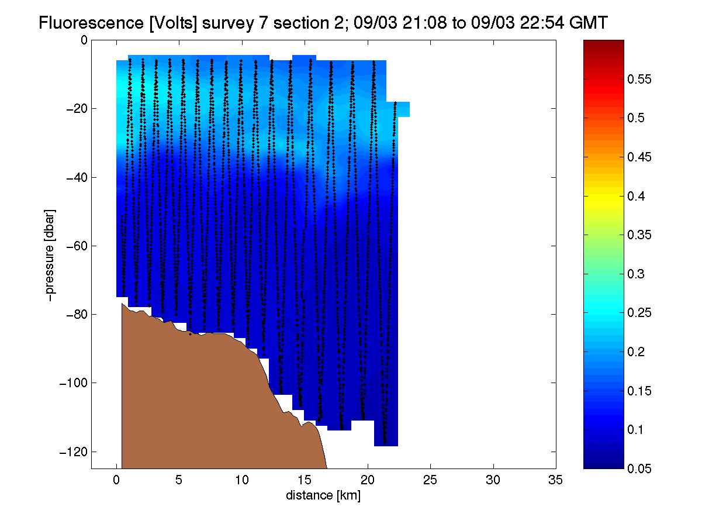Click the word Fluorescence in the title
tap(91, 23)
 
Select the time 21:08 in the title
tap(424, 23)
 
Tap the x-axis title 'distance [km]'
tap(323, 495)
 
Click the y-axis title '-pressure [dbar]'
tap(50, 255)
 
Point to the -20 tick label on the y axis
tap(77, 109)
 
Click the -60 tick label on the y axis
tap(77, 246)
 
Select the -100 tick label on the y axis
tap(73, 383)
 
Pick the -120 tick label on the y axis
tap(73, 452)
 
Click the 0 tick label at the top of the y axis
tap(84, 40)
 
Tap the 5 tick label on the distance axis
tap(179, 480)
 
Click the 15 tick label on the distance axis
tap(305, 480)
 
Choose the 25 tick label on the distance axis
tap(430, 480)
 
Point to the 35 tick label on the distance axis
tap(555, 480)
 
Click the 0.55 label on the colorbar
tap(639, 79)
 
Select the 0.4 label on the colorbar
tap(636, 196)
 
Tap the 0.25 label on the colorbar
tap(639, 312)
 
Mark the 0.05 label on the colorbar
tap(639, 469)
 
